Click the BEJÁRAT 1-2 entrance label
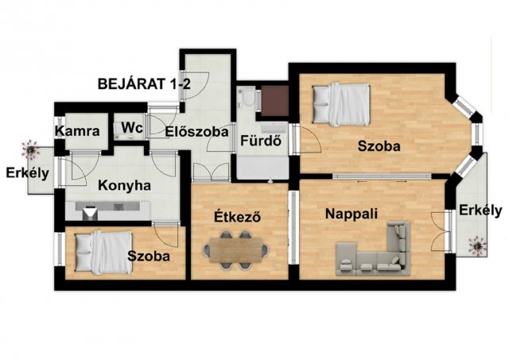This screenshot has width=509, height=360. tap(144, 84)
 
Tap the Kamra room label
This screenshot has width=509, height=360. tap(77, 131)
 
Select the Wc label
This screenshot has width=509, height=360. tap(132, 128)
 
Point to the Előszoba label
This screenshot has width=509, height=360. tap(196, 132)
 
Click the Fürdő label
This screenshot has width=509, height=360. tap(260, 141)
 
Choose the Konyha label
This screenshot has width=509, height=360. tap(124, 186)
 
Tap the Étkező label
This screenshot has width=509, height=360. tap(237, 216)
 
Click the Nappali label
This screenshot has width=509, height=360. tap(352, 214)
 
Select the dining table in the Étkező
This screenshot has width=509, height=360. tap(236, 250)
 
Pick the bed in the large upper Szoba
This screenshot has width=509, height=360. tap(341, 104)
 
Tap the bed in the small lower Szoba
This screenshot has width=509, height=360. tap(104, 253)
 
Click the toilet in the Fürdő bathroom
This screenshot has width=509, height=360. tap(247, 96)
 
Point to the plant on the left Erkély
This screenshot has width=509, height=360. tap(30, 150)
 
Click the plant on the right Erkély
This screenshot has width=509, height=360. tap(477, 246)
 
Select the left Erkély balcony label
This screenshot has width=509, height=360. tap(28, 173)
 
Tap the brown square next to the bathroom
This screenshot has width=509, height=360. tap(274, 101)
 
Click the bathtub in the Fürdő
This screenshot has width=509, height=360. tap(262, 166)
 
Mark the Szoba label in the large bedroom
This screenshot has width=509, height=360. tap(379, 146)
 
